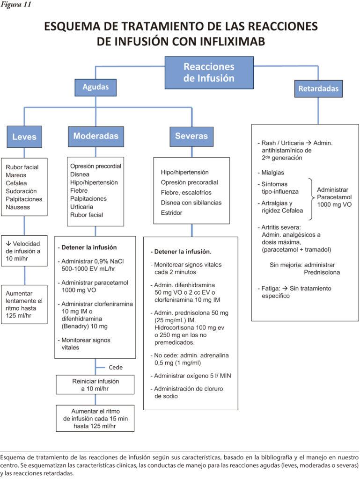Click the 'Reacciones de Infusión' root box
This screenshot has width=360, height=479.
[209, 73]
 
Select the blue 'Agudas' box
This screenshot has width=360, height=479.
[96, 87]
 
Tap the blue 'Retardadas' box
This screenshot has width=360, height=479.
[318, 88]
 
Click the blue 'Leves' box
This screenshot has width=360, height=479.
[24, 137]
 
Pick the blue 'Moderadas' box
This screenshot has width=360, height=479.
[96, 137]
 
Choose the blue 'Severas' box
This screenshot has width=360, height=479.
[191, 137]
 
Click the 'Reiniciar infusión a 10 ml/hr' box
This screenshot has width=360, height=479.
[95, 385]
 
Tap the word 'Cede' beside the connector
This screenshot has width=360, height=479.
[116, 367]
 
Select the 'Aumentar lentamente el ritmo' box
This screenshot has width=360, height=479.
[24, 305]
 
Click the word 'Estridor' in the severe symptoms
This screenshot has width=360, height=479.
[172, 213]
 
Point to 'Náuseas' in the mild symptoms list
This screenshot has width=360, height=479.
[18, 207]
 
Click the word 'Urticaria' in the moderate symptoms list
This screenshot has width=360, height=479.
[83, 206]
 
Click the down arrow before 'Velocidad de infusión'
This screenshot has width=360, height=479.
[8, 244]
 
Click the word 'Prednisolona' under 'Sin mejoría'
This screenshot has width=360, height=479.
[322, 272]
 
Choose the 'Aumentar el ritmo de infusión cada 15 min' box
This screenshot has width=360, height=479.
[95, 418]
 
